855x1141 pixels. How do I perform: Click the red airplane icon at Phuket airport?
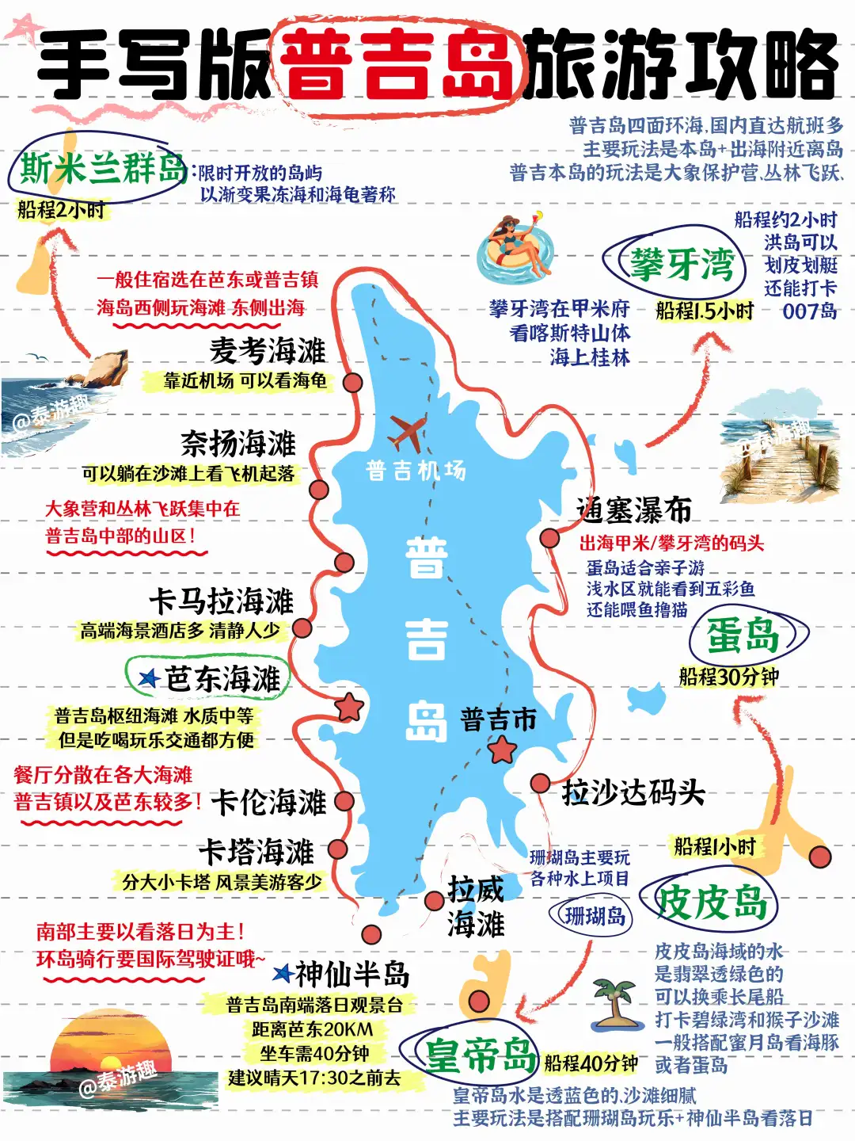[x=407, y=432]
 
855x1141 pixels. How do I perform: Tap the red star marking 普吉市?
[x=502, y=748]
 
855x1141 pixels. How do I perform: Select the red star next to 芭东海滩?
[x=349, y=706]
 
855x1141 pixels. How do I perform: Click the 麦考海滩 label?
[x=268, y=350]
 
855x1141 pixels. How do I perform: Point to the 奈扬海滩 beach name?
[x=237, y=443]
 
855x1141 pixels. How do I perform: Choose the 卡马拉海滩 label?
[x=222, y=601]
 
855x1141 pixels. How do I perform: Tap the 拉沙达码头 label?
[x=633, y=792]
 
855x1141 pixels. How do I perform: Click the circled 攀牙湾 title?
[x=680, y=265]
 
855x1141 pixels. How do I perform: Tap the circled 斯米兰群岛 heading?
[x=101, y=168]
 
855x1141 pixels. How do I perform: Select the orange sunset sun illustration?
[x=111, y=1048]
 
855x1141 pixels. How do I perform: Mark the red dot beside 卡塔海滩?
[x=338, y=849]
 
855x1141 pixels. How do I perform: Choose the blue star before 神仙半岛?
[x=283, y=973]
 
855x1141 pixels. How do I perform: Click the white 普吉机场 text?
[x=416, y=471]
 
